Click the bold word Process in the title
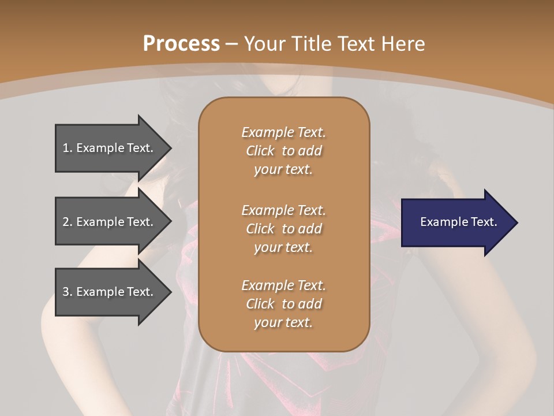[x=181, y=44]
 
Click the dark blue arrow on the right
[x=456, y=222]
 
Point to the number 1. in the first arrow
[x=68, y=148]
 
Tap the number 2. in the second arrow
[x=68, y=222]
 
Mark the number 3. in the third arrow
[x=68, y=292]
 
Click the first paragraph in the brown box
[x=283, y=151]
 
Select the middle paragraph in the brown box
[x=283, y=229]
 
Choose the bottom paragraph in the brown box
[x=283, y=304]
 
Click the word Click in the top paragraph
[x=260, y=151]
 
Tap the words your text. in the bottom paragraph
[x=283, y=323]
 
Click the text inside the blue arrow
[x=458, y=222]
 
